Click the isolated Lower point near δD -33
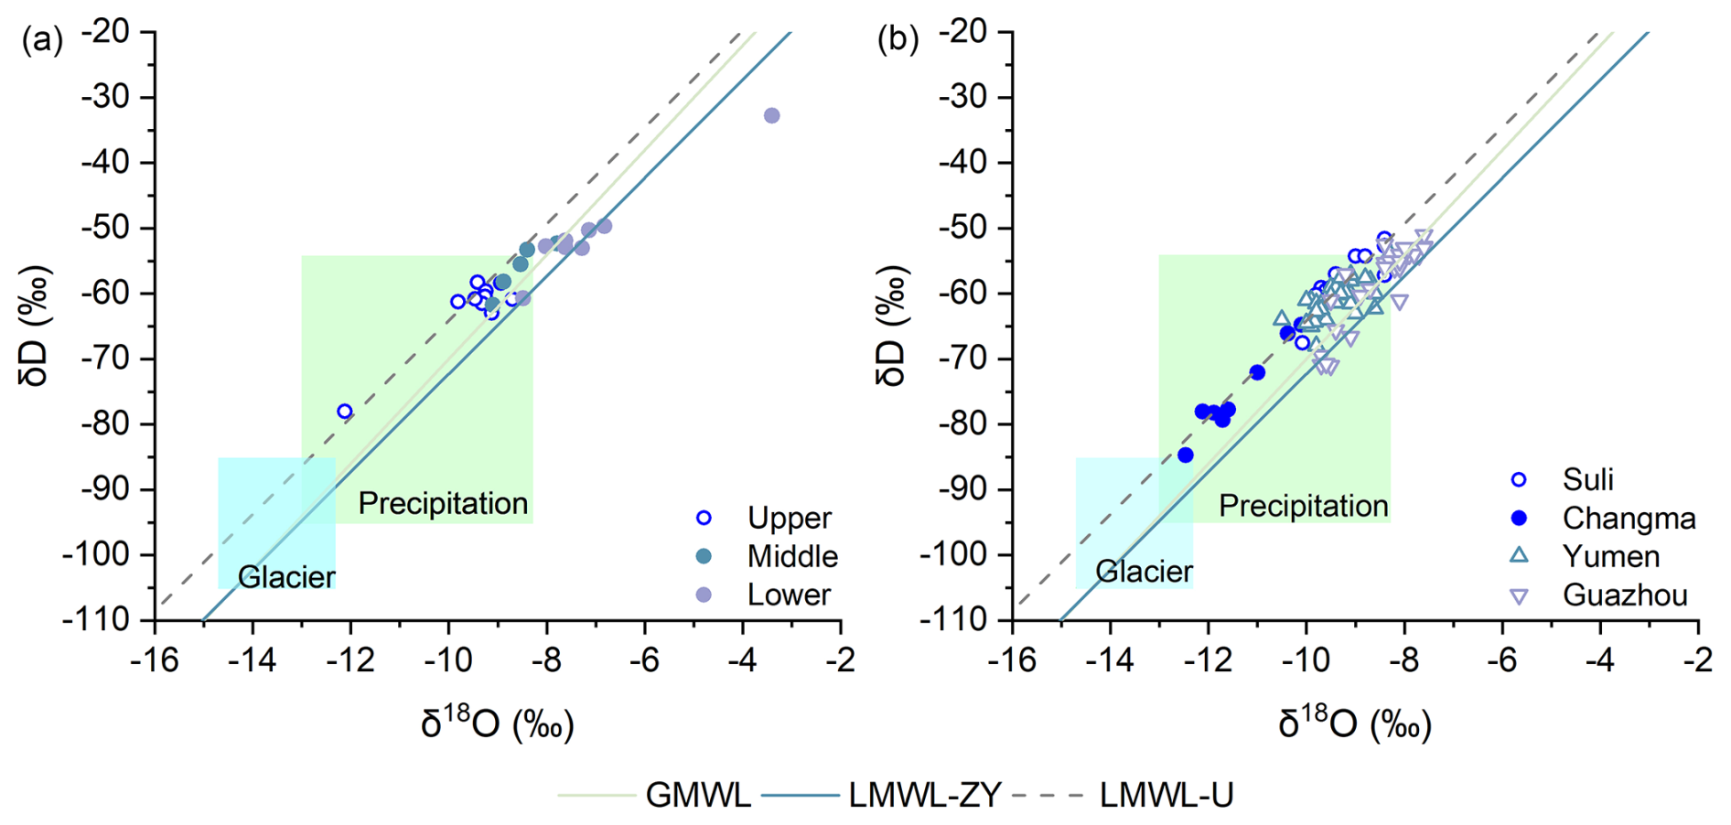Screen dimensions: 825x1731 [771, 116]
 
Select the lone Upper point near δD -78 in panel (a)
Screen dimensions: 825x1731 [345, 412]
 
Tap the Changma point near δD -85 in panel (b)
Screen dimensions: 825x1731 [1186, 455]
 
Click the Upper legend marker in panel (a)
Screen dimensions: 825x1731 [704, 518]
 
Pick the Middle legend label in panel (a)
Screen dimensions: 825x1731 [792, 556]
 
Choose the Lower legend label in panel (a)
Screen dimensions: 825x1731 [789, 595]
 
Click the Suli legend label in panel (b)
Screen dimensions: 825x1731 [1587, 479]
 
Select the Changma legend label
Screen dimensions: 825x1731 [1629, 519]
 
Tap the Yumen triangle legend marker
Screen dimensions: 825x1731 [1519, 555]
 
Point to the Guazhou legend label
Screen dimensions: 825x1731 [1625, 595]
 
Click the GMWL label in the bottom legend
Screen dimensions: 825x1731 [698, 795]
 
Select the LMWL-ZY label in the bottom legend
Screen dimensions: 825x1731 [925, 795]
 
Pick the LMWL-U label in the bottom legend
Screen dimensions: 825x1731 [1167, 795]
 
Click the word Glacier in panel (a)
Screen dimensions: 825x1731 [286, 577]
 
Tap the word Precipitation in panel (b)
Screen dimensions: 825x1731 [1303, 506]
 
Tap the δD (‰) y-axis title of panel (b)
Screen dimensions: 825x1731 [891, 326]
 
